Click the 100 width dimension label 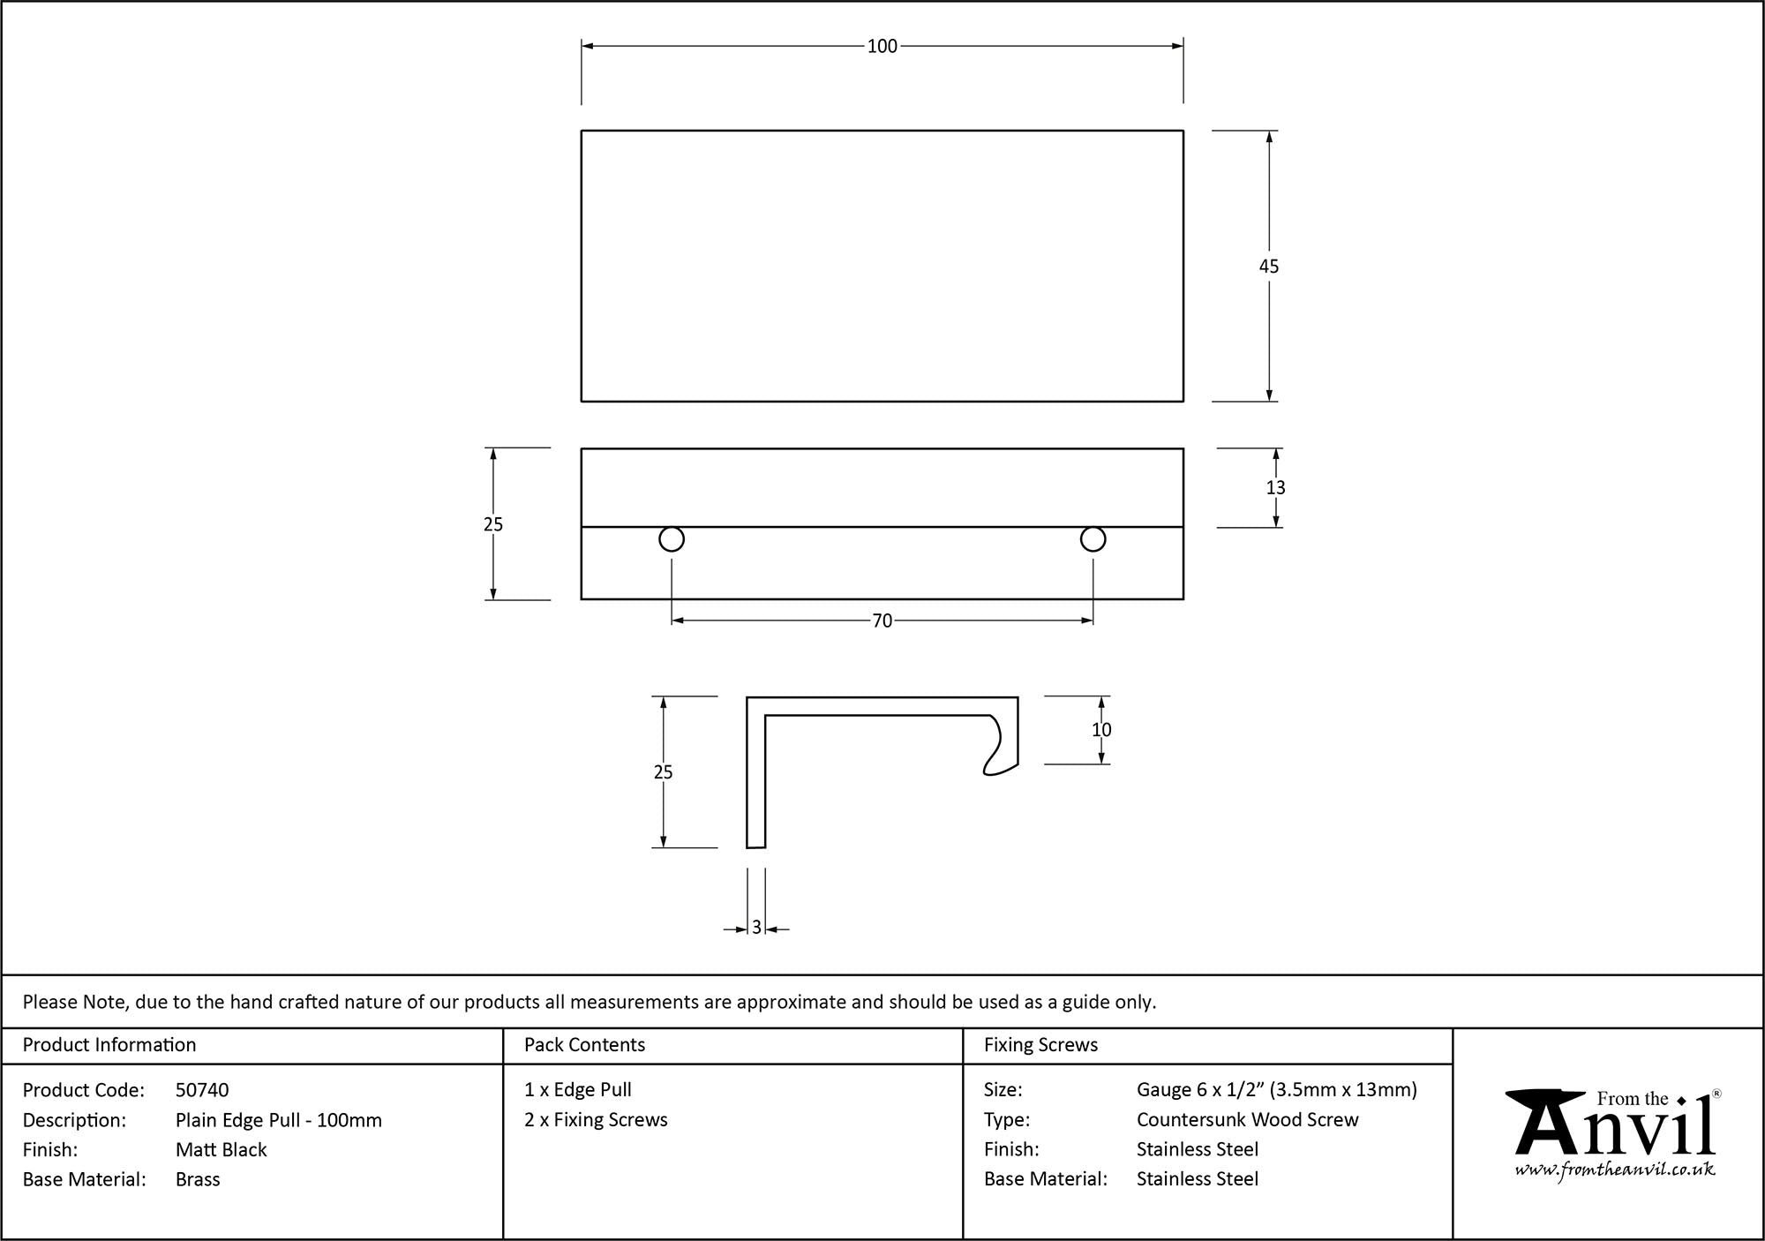[882, 46]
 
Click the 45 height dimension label [1269, 267]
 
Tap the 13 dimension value [1275, 487]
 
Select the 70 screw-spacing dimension [882, 621]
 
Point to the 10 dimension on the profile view [1101, 730]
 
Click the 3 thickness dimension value [756, 929]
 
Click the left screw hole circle [672, 539]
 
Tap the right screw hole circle [1093, 539]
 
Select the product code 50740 [202, 1090]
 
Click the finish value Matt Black [221, 1149]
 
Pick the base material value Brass [198, 1179]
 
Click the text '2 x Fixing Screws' [596, 1120]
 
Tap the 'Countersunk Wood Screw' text [1247, 1120]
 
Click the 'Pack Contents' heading [584, 1045]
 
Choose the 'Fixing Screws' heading [1040, 1045]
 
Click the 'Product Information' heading [109, 1045]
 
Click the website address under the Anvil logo [1615, 1170]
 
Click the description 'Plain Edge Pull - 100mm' [279, 1120]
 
